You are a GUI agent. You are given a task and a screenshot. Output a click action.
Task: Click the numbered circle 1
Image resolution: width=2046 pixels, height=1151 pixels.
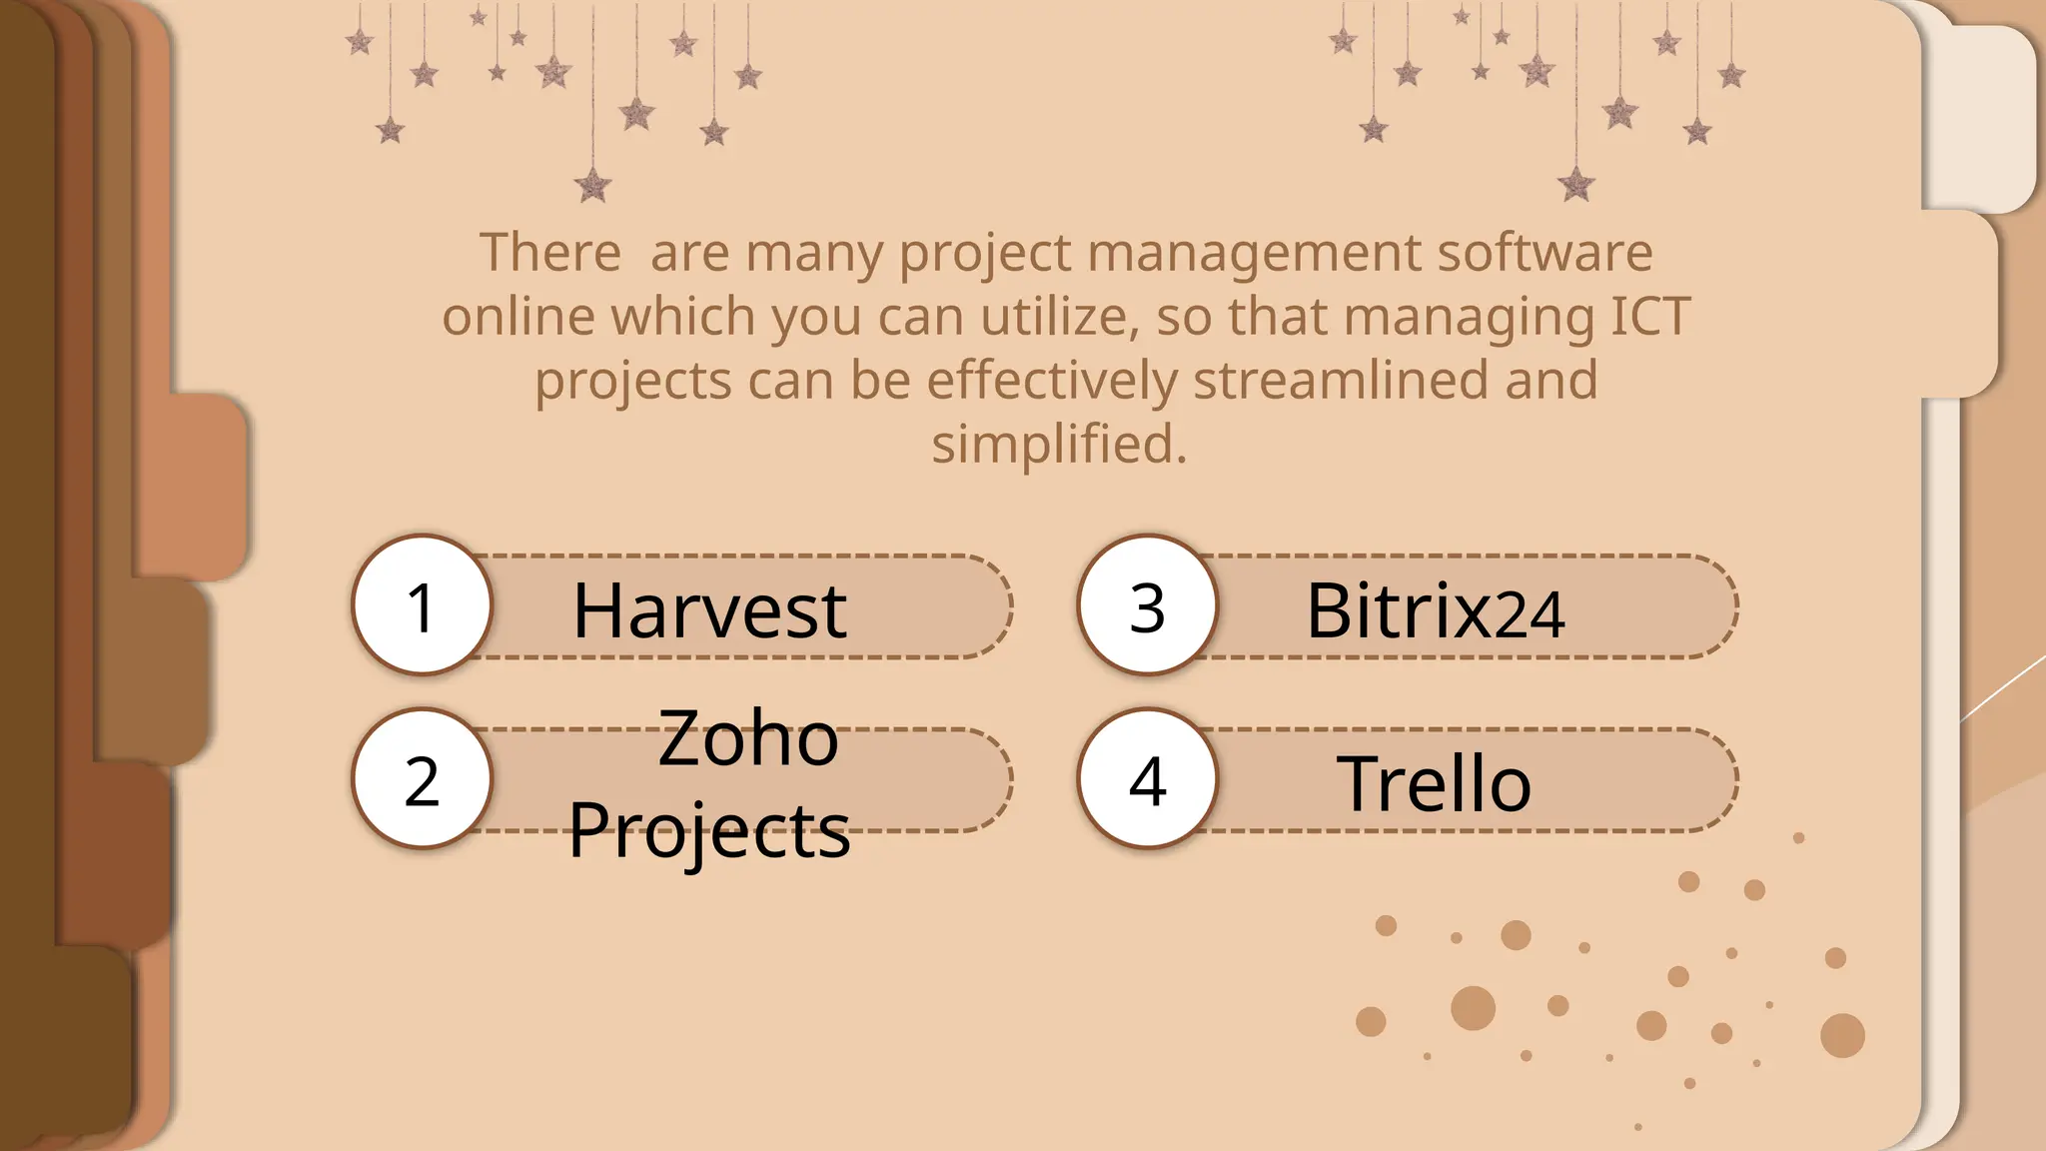pos(422,605)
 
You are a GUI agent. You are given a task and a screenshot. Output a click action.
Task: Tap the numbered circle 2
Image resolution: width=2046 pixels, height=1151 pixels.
pos(422,779)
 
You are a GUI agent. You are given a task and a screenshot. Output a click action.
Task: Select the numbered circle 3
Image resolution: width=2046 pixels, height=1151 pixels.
pos(1147,605)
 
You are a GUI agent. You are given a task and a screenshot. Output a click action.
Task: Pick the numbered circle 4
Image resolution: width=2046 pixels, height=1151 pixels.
pos(1147,779)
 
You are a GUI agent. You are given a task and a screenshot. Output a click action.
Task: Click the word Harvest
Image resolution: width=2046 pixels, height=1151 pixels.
pos(709,609)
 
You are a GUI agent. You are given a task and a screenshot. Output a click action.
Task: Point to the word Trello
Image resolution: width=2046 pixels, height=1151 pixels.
pos(1434,783)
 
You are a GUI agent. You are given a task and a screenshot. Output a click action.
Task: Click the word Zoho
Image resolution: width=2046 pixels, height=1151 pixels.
pos(748,737)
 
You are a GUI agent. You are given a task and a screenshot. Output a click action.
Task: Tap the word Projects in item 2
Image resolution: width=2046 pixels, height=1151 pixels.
pos(709,829)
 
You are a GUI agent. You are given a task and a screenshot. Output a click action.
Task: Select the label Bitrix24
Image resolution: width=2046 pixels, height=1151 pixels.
pos(1435,609)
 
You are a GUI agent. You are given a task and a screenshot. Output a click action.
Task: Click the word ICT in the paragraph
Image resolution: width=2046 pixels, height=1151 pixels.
pos(1650,317)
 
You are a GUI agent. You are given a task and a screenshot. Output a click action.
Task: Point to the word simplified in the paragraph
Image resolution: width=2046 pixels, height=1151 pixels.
pos(1059,445)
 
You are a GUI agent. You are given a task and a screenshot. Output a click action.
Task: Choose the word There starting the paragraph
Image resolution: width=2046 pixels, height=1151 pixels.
pos(550,253)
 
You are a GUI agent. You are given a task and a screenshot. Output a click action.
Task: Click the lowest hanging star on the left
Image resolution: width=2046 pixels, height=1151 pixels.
pos(593,185)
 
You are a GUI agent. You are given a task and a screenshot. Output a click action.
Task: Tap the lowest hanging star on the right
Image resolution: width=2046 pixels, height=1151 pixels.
pos(1576,184)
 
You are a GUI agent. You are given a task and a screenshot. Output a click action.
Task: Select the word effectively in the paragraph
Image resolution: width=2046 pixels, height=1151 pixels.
pos(1053,381)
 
